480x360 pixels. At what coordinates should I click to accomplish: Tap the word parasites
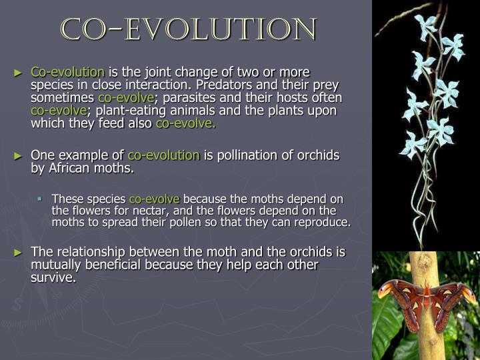click(194, 97)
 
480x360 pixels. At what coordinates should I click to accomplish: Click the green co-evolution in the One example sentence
click(163, 155)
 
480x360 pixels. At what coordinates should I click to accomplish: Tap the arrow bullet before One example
click(19, 156)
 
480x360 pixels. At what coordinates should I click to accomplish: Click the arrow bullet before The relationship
click(19, 253)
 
